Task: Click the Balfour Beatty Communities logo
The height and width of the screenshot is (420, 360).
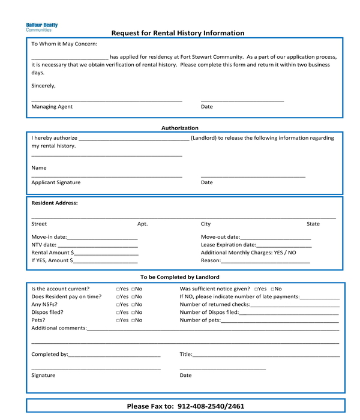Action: pyautogui.click(x=42, y=27)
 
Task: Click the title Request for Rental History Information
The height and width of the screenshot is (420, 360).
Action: pyautogui.click(x=178, y=34)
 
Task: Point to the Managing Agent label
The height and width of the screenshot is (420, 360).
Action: pyautogui.click(x=52, y=107)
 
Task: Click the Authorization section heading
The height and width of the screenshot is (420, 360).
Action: pyautogui.click(x=179, y=128)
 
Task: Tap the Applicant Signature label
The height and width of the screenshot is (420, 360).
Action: pyautogui.click(x=56, y=182)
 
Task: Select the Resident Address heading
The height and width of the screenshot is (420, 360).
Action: pyautogui.click(x=55, y=203)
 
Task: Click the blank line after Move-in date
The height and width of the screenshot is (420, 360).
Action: pyautogui.click(x=103, y=238)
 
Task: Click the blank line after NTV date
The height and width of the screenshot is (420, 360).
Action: pyautogui.click(x=98, y=245)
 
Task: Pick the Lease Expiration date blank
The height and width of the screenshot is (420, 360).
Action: pyautogui.click(x=284, y=245)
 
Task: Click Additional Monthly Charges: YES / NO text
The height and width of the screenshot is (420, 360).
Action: pyautogui.click(x=248, y=253)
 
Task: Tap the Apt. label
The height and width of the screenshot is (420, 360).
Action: pyautogui.click(x=142, y=224)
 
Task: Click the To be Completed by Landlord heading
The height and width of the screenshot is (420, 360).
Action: pyautogui.click(x=179, y=277)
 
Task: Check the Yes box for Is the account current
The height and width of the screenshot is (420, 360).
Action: pyautogui.click(x=118, y=289)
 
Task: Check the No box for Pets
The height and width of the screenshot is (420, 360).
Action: pyautogui.click(x=133, y=320)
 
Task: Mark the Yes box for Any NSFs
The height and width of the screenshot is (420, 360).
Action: pyautogui.click(x=118, y=305)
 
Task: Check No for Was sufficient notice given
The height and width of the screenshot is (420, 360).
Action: pyautogui.click(x=272, y=289)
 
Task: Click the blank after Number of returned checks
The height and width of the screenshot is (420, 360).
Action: pyautogui.click(x=295, y=305)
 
